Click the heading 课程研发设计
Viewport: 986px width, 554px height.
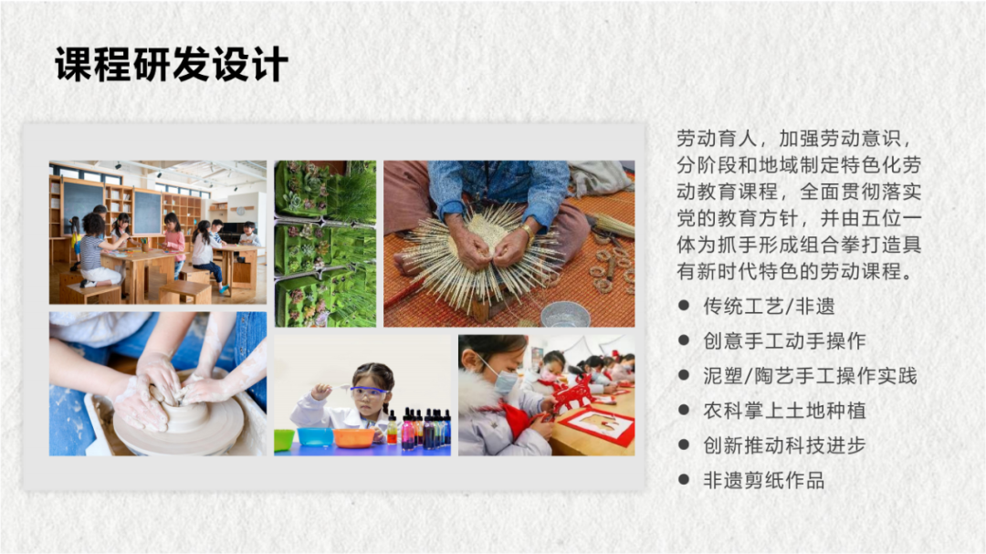coord(171,66)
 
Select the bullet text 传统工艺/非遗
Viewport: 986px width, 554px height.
coord(769,307)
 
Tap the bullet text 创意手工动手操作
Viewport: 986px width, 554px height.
coord(784,341)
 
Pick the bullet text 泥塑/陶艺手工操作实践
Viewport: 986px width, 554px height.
coord(810,376)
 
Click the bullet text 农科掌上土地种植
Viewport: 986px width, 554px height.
coord(784,411)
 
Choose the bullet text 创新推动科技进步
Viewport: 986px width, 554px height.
coord(784,445)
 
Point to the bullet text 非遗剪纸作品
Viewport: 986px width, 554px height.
coord(763,480)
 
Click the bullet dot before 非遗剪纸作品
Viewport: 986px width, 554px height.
coord(684,480)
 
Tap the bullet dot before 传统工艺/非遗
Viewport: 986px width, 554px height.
coord(684,307)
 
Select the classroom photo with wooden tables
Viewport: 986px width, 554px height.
coord(158,233)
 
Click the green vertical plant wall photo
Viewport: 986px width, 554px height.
coord(325,244)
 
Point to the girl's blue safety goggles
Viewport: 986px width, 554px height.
coord(369,391)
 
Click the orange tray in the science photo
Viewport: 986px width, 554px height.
coord(353,437)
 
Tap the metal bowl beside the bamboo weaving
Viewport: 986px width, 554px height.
coord(564,315)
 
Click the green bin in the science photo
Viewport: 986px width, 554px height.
coord(284,439)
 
